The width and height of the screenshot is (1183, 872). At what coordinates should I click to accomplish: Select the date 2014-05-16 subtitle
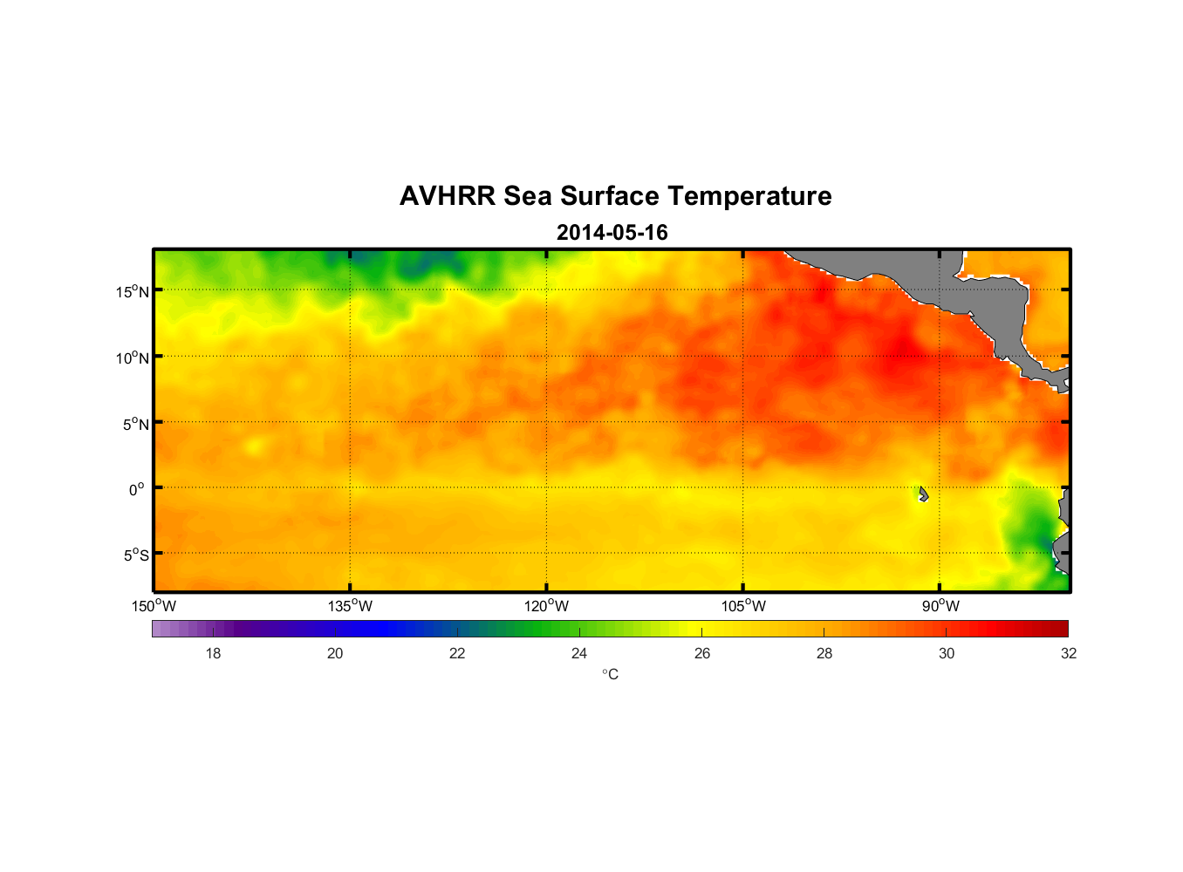[x=612, y=233]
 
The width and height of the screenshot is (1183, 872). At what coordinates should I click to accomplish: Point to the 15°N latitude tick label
[x=133, y=291]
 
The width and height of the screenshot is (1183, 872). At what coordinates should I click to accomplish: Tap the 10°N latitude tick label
[x=133, y=358]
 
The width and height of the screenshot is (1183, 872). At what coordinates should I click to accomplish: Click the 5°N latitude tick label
[x=135, y=424]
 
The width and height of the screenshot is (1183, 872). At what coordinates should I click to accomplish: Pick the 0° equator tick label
[x=137, y=489]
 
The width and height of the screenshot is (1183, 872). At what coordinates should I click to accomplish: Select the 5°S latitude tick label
[x=135, y=555]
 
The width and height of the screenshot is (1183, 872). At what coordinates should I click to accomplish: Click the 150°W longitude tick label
[x=154, y=606]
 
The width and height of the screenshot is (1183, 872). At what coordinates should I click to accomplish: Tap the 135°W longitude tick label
[x=351, y=606]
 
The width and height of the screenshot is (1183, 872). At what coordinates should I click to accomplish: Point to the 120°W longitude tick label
[x=547, y=606]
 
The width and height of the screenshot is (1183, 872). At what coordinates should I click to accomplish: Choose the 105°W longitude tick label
[x=743, y=606]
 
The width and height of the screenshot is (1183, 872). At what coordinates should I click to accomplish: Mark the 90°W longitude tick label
[x=940, y=606]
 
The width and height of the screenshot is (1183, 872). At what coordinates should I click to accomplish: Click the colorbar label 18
[x=213, y=653]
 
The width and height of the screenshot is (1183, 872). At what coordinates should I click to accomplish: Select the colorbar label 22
[x=457, y=653]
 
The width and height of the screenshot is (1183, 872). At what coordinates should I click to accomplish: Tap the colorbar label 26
[x=702, y=653]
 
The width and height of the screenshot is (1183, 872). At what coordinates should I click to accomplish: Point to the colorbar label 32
[x=1069, y=653]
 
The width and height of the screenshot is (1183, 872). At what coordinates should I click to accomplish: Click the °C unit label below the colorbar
[x=610, y=674]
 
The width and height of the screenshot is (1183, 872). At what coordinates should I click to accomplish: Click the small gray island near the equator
[x=923, y=494]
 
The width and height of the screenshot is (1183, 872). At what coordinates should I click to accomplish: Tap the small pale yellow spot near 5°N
[x=254, y=446]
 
